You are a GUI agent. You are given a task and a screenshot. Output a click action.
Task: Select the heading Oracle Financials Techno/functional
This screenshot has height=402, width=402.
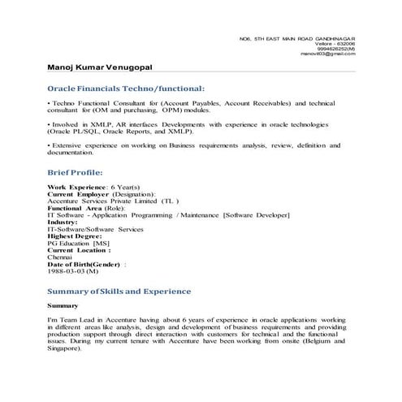[x=126, y=87]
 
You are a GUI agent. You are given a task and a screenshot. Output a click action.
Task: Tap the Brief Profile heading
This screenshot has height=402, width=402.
[x=75, y=172]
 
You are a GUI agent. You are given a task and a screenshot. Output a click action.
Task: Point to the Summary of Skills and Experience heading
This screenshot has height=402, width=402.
[x=119, y=290]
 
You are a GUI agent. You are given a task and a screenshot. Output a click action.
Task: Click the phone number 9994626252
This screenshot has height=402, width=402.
[x=337, y=48]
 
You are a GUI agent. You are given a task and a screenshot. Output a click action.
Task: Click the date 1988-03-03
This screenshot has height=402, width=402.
[x=68, y=271]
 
